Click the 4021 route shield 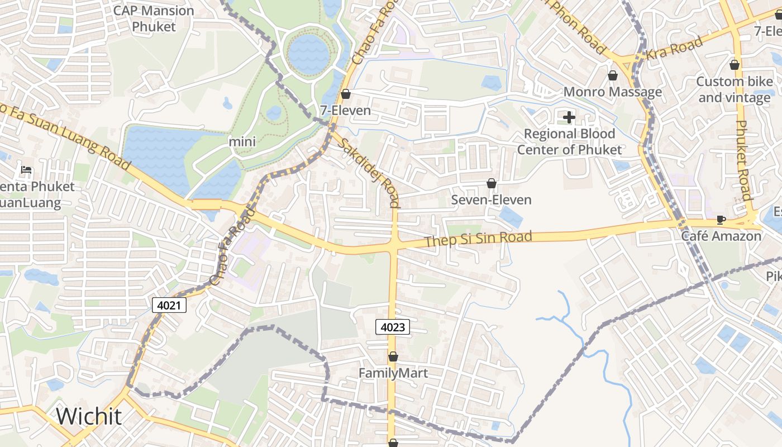pos(169,305)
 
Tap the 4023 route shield pos(393,327)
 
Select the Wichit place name pos(89,416)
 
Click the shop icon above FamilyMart pos(393,356)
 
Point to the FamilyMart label pos(393,373)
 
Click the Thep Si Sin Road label pos(478,239)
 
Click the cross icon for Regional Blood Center pos(569,117)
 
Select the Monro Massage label pos(613,92)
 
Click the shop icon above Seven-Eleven pos(492,183)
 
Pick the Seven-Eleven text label pos(492,199)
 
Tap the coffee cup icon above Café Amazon pos(721,220)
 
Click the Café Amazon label pos(721,236)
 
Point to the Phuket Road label pos(743,160)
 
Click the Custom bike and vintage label pos(735,89)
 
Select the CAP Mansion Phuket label pos(154,18)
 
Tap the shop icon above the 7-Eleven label pos(346,94)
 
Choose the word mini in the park pos(242,142)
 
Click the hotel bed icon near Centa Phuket pos(26,170)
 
